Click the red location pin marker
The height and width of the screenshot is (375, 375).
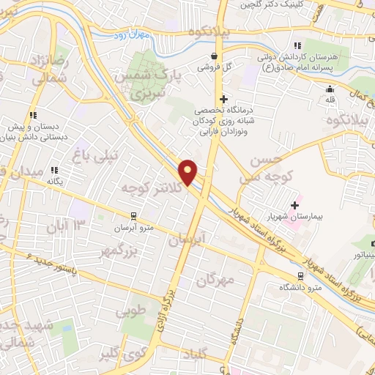(189, 172)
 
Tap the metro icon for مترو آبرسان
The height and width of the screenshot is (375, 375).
(133, 216)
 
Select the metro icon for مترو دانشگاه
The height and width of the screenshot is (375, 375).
(300, 275)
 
